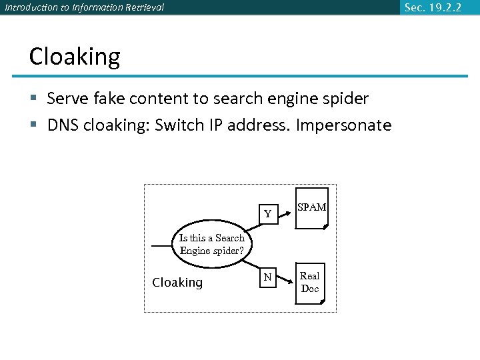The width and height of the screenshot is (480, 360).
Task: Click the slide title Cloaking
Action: tap(75, 57)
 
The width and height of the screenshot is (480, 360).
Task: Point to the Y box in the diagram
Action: tap(267, 214)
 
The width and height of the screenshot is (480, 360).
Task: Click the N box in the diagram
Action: tap(267, 277)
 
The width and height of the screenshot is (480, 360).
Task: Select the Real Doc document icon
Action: tap(310, 283)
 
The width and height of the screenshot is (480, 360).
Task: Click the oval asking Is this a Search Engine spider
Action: tap(212, 245)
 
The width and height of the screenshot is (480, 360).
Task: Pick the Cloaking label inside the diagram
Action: tap(177, 283)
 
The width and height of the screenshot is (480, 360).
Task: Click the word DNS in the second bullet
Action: tap(62, 125)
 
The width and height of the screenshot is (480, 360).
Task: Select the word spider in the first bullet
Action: tap(345, 99)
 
